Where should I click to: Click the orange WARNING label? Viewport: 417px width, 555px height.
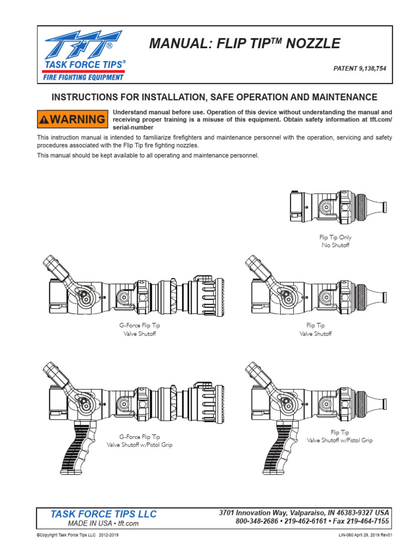click(72, 119)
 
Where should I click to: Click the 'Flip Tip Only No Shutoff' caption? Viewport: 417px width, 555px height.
click(335, 241)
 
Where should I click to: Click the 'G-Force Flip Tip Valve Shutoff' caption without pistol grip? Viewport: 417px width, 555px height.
click(140, 330)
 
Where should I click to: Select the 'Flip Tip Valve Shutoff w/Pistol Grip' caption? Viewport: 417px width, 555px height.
click(340, 436)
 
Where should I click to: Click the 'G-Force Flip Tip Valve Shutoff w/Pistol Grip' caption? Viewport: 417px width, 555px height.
click(140, 441)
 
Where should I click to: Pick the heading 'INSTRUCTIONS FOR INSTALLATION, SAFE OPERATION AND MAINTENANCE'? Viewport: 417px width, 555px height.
click(214, 97)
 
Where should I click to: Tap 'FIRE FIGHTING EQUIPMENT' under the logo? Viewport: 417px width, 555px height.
click(84, 77)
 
